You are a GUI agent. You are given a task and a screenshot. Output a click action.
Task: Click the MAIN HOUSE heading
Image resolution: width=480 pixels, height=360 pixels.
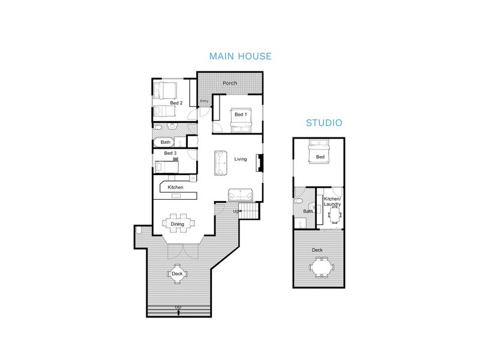tap(241, 56)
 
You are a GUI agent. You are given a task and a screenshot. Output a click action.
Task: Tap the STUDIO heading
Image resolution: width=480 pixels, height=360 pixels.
tap(324, 123)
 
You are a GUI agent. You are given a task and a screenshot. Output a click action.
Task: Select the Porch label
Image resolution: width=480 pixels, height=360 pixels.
tap(230, 83)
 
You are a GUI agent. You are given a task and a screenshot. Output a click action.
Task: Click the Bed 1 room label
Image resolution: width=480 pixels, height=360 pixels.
tap(241, 115)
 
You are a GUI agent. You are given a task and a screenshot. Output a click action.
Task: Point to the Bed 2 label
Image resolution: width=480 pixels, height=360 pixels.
tap(176, 103)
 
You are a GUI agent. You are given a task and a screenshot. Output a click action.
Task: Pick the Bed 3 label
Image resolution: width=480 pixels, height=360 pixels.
tap(170, 153)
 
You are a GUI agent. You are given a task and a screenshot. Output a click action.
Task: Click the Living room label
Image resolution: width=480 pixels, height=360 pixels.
tap(241, 159)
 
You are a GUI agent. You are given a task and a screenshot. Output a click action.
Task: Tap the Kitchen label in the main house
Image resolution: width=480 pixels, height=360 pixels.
tap(175, 187)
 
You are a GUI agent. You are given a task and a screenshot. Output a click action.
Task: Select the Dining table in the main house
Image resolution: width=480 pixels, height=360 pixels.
tap(178, 223)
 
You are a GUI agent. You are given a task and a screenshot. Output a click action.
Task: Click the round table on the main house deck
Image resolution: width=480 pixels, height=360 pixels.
tap(177, 274)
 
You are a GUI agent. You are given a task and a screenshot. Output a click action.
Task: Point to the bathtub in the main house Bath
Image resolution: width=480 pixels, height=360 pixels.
tap(164, 142)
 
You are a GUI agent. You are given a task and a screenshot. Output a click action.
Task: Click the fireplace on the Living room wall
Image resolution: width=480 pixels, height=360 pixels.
tap(260, 163)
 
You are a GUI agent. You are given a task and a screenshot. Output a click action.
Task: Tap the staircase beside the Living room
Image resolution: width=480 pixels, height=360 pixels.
tap(249, 211)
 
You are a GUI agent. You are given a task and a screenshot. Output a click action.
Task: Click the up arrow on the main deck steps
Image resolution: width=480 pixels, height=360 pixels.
tap(178, 312)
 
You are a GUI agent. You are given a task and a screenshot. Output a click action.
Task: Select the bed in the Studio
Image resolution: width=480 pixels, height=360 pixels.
tap(319, 152)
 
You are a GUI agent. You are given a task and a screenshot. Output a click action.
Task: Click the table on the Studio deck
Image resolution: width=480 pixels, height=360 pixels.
tap(322, 267)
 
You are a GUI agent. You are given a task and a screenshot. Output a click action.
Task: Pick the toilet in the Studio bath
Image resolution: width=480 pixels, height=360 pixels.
tap(298, 201)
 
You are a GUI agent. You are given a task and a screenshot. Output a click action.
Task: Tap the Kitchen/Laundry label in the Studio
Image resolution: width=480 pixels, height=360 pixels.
tap(332, 202)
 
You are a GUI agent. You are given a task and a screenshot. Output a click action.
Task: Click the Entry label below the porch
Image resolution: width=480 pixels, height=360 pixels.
tap(204, 101)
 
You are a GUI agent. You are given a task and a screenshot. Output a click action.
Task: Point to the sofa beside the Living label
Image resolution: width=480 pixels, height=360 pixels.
tap(220, 163)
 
